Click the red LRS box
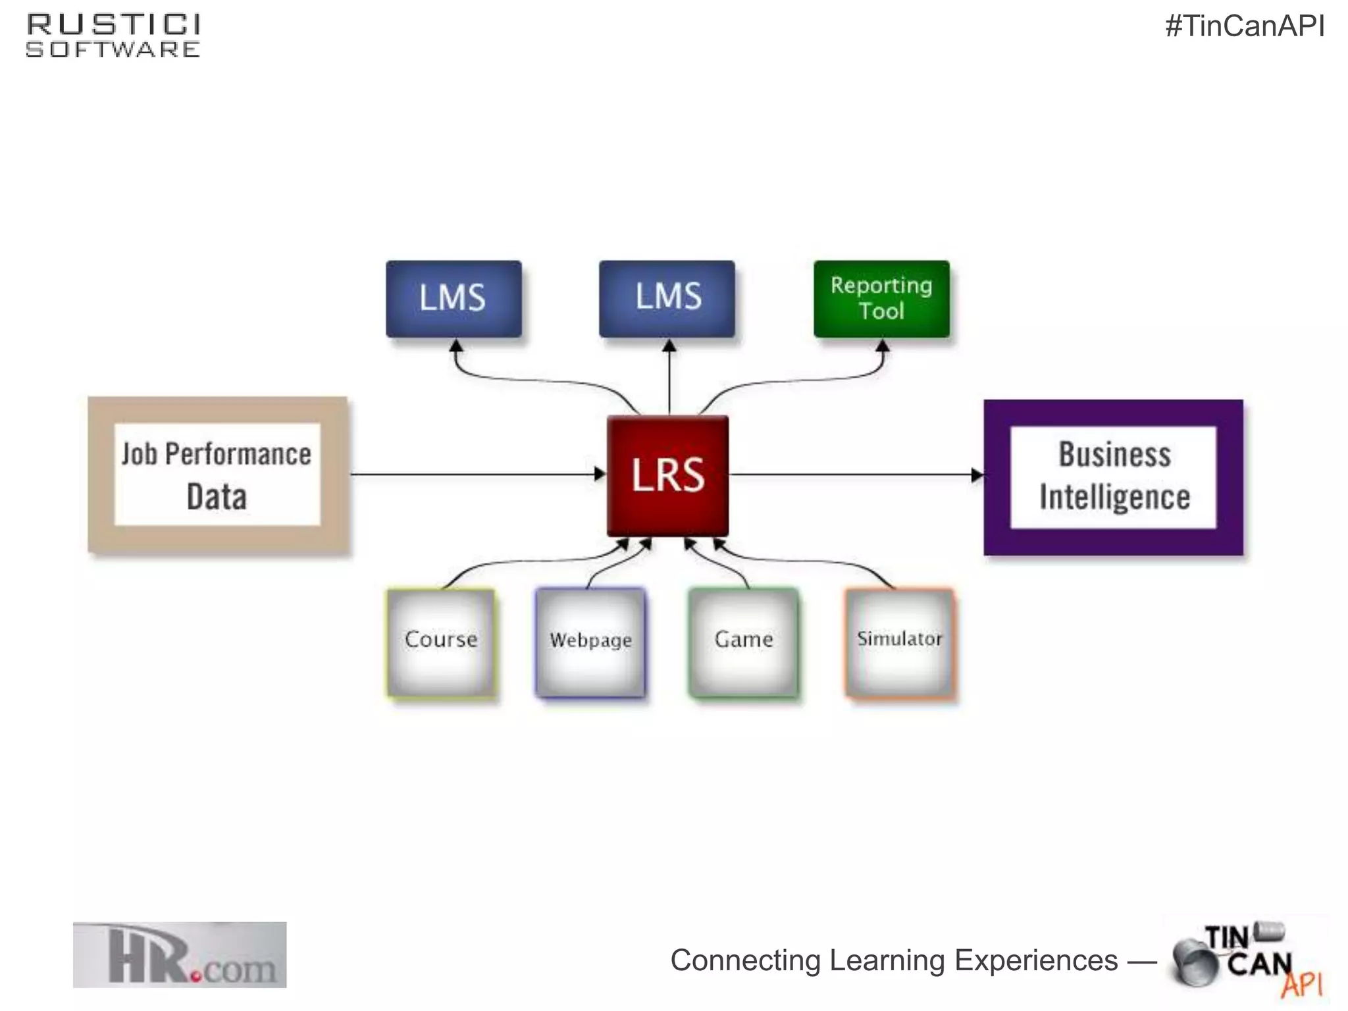(x=667, y=475)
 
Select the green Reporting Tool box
(x=881, y=299)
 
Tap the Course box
(x=441, y=642)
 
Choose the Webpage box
(x=590, y=642)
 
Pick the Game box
(x=744, y=642)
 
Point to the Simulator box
(x=899, y=642)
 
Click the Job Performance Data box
(x=218, y=475)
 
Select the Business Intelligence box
(x=1113, y=477)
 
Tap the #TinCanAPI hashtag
(x=1245, y=26)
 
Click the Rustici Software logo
(x=113, y=36)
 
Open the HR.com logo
(x=180, y=954)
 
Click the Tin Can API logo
(x=1246, y=960)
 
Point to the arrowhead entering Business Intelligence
(x=977, y=475)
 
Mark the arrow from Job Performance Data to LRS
(x=474, y=474)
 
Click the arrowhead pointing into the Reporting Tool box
(x=883, y=346)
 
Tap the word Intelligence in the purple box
(x=1114, y=497)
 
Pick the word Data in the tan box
(x=217, y=497)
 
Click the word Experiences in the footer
(x=1036, y=960)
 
